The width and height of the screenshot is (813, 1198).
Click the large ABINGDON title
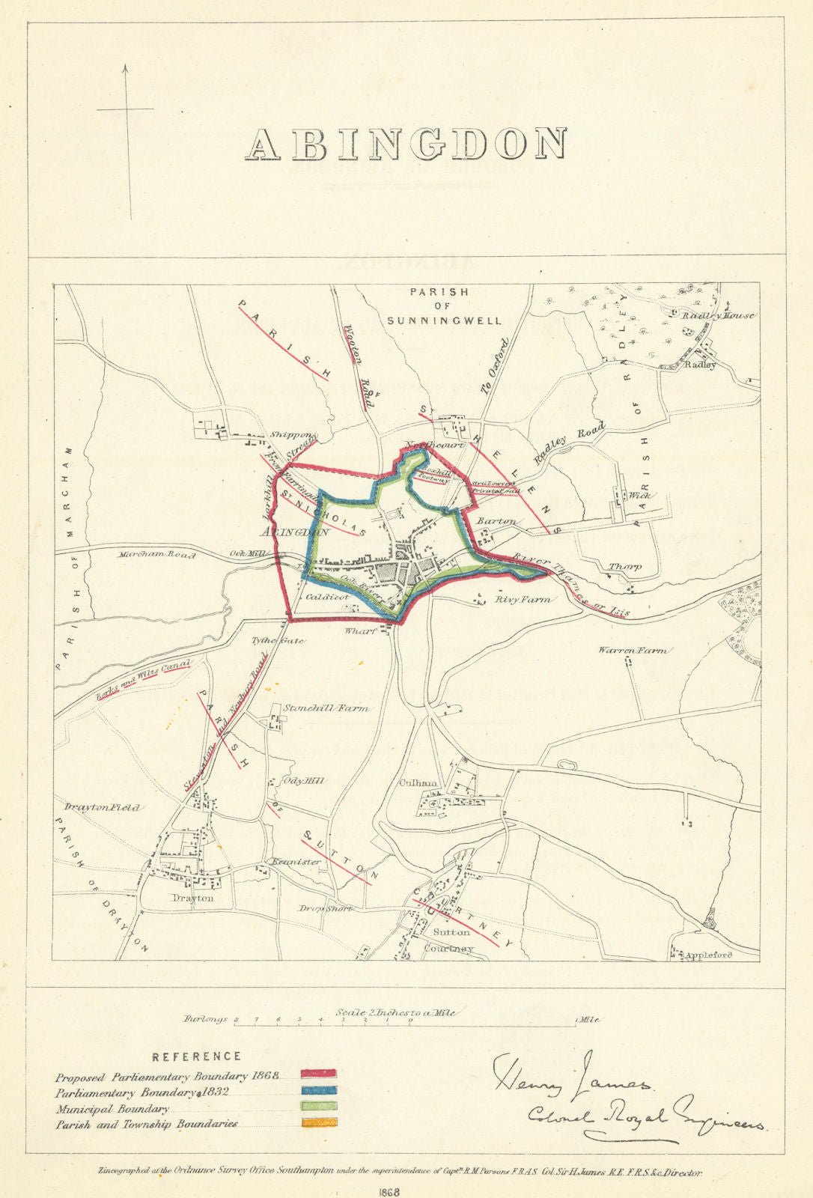406,145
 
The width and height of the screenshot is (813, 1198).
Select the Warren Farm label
632,651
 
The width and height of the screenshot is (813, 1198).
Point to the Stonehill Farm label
326,708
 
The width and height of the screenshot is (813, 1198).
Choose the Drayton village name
192,897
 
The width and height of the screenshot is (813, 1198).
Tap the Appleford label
707,955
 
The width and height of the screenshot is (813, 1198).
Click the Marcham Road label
156,555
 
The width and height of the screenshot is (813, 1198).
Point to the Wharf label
359,631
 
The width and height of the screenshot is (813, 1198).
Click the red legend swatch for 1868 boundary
319,1074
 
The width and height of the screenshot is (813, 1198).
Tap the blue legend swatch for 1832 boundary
319,1091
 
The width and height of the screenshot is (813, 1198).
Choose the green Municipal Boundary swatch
319,1106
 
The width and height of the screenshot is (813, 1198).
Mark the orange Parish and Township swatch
319,1122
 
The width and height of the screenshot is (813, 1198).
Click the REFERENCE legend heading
196,1056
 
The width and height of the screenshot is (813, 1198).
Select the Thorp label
624,567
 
